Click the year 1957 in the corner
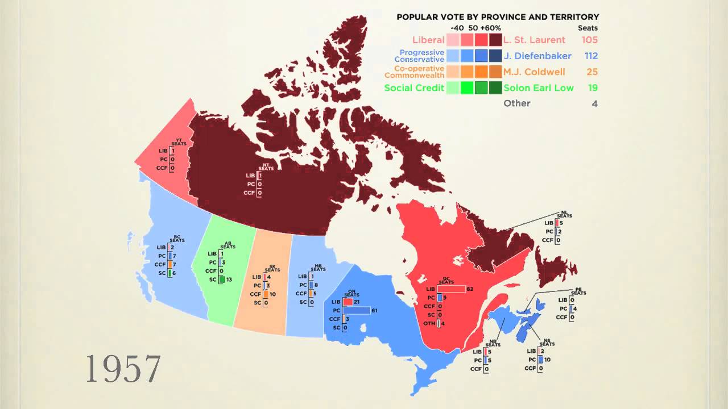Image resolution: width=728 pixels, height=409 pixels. (123, 369)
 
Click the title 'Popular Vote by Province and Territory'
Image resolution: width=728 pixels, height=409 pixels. (498, 17)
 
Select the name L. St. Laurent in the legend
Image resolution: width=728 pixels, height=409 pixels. (535, 40)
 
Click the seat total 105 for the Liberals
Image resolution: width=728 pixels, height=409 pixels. (589, 40)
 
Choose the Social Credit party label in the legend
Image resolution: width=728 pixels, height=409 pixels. (414, 87)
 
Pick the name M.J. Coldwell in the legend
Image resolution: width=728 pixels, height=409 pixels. (535, 72)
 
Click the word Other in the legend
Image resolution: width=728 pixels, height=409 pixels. (517, 103)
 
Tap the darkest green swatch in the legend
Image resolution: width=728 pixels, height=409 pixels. (495, 87)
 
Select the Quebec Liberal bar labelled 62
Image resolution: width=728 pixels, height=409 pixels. (451, 289)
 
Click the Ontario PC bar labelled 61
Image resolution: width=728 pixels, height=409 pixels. (357, 310)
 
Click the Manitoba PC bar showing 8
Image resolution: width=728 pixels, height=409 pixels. (311, 285)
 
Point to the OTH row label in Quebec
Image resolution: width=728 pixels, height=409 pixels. (429, 323)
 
